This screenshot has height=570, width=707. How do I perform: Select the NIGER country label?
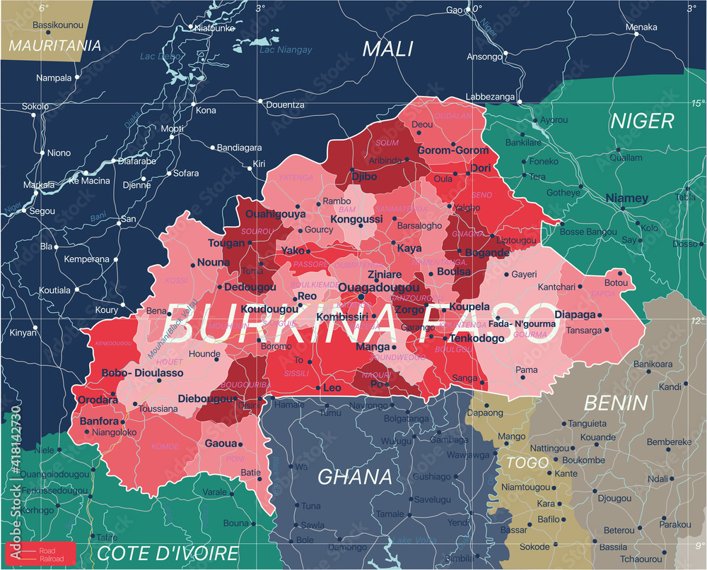tap(643, 121)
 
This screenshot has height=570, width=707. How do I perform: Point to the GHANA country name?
tap(345, 476)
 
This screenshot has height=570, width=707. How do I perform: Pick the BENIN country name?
tap(616, 403)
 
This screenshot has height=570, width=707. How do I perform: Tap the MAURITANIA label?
tap(55, 46)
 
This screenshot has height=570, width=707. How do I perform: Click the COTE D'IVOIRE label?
tap(168, 553)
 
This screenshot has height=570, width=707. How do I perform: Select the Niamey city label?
tap(627, 198)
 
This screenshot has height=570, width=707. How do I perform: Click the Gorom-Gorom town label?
tap(453, 150)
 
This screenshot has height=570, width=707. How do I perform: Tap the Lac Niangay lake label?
tap(285, 50)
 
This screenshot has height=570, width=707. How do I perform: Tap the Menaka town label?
tap(641, 28)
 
